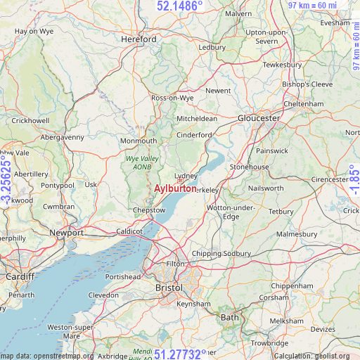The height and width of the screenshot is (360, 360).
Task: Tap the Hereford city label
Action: click(x=139, y=39)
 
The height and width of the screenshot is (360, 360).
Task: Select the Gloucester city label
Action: click(x=259, y=118)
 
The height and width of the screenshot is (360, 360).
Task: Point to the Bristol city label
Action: click(x=168, y=288)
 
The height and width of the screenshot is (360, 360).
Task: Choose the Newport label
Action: click(x=66, y=233)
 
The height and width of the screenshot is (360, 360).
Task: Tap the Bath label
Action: click(x=230, y=317)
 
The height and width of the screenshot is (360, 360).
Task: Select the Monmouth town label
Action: click(x=139, y=141)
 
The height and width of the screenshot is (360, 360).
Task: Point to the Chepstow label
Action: click(x=149, y=210)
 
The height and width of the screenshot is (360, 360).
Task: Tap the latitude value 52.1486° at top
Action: click(x=179, y=6)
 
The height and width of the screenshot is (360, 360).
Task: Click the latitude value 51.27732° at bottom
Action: click(x=181, y=354)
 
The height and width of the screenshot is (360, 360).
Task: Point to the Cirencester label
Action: click(x=330, y=179)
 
